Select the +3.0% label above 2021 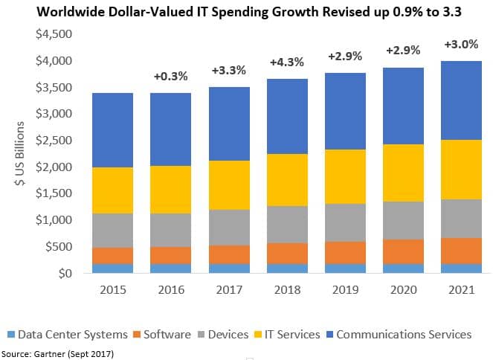(462, 44)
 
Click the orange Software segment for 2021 (461, 251)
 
